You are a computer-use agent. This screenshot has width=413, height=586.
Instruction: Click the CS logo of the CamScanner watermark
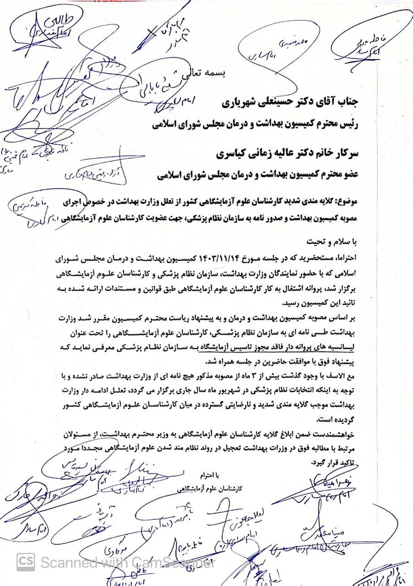[26, 561]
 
